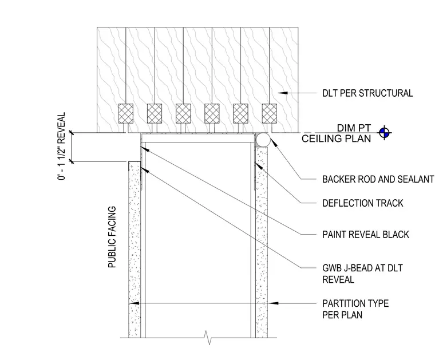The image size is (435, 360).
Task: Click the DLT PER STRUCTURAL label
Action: point(367,93)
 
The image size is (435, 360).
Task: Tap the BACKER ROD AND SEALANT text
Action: point(378,180)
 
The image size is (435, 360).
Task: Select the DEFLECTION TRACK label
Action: point(362,203)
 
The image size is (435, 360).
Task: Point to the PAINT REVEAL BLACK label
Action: point(366,235)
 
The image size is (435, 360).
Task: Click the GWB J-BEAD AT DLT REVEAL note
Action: point(362,274)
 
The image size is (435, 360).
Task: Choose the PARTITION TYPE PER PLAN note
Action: point(355,309)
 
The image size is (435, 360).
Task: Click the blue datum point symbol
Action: point(384,133)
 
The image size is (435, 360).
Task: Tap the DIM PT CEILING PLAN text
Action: point(336,133)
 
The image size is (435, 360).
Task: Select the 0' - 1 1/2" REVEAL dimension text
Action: point(62,146)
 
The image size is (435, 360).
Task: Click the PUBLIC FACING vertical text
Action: point(112,237)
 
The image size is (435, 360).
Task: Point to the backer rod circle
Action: point(263,140)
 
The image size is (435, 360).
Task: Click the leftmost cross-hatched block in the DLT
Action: point(126,113)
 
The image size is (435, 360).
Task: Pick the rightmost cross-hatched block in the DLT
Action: point(270,113)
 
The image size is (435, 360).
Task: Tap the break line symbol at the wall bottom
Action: point(208,338)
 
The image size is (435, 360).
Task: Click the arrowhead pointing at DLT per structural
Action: point(283,93)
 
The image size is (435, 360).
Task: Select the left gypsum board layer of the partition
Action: point(135,250)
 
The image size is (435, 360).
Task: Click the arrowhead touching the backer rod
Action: point(274,142)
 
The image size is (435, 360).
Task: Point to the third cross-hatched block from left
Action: point(183,113)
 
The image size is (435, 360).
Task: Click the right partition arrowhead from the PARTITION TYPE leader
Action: point(273,303)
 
